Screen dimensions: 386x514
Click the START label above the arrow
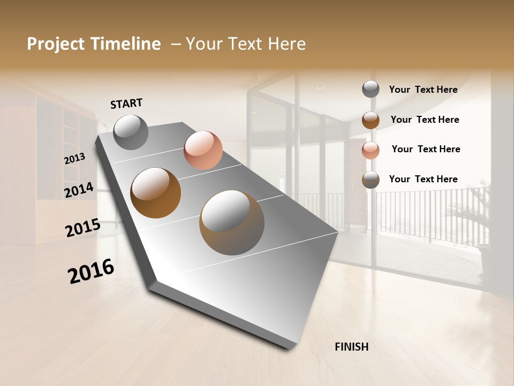click(126, 103)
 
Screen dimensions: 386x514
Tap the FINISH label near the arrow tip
click(351, 347)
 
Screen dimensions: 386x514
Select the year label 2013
click(74, 159)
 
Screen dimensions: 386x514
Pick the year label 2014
click(79, 190)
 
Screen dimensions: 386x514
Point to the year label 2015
click(82, 228)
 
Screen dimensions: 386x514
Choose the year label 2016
click(91, 271)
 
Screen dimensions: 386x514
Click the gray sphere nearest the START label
click(131, 132)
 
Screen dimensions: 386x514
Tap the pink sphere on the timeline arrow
click(203, 150)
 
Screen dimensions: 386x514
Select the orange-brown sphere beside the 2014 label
click(155, 193)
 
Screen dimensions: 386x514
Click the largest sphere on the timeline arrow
click(232, 222)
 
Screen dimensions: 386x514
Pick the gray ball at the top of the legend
click(371, 89)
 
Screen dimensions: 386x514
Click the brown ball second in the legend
click(371, 120)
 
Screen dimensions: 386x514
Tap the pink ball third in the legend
click(371, 150)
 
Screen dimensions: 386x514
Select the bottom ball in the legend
click(371, 180)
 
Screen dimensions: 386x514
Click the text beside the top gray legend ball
click(423, 90)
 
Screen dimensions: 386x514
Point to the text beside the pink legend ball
click(426, 149)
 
